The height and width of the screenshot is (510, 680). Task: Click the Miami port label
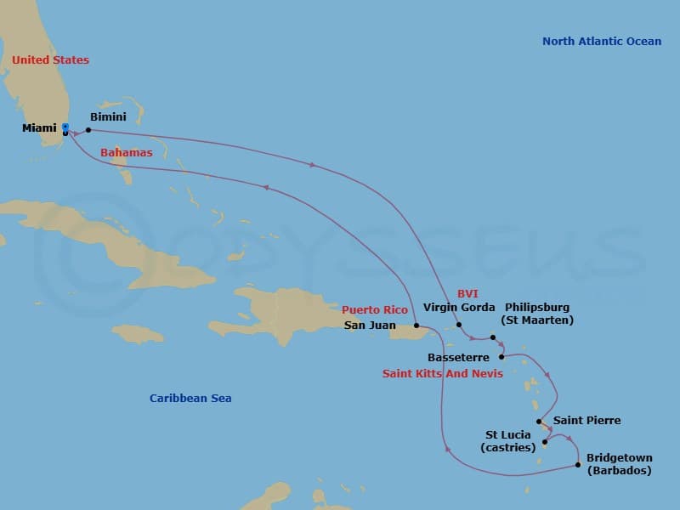point(40,128)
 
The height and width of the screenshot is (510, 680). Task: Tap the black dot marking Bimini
point(88,130)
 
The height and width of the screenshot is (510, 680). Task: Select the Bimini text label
point(107,118)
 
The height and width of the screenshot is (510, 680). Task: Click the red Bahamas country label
point(127,153)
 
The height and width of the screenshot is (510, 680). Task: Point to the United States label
point(50,60)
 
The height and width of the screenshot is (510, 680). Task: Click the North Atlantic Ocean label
point(601,42)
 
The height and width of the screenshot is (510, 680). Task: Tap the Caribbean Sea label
point(190,399)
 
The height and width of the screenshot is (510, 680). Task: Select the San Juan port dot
point(416,326)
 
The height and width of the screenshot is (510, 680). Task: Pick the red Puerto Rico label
point(375,310)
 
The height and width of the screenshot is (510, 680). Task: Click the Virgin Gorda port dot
point(459,325)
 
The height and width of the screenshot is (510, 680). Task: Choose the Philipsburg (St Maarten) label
point(536,314)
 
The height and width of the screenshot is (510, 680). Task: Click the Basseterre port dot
point(501,357)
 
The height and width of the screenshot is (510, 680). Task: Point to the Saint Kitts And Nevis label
point(442,374)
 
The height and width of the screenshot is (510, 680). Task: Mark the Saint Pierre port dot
point(540,421)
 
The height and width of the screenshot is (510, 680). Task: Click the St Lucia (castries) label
point(507,441)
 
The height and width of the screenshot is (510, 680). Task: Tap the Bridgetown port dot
point(578,465)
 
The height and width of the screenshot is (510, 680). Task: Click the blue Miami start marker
point(65,128)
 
